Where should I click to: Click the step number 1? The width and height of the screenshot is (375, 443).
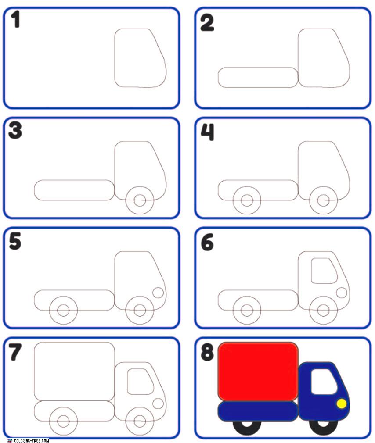click(15, 19)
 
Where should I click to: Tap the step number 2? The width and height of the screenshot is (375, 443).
click(207, 23)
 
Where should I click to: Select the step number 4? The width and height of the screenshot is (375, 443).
click(207, 132)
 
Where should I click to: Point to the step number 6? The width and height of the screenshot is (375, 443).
click(207, 243)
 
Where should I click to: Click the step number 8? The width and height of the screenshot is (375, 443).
click(207, 352)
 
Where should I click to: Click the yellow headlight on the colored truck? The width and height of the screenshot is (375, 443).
click(342, 404)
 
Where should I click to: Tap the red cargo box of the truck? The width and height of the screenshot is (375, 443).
click(258, 372)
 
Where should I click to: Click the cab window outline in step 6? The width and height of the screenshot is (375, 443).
click(311, 271)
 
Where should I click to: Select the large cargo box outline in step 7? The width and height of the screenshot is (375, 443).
click(35, 372)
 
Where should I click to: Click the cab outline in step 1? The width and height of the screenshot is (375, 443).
click(115, 58)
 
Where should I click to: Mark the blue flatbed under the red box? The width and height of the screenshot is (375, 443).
click(258, 411)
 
